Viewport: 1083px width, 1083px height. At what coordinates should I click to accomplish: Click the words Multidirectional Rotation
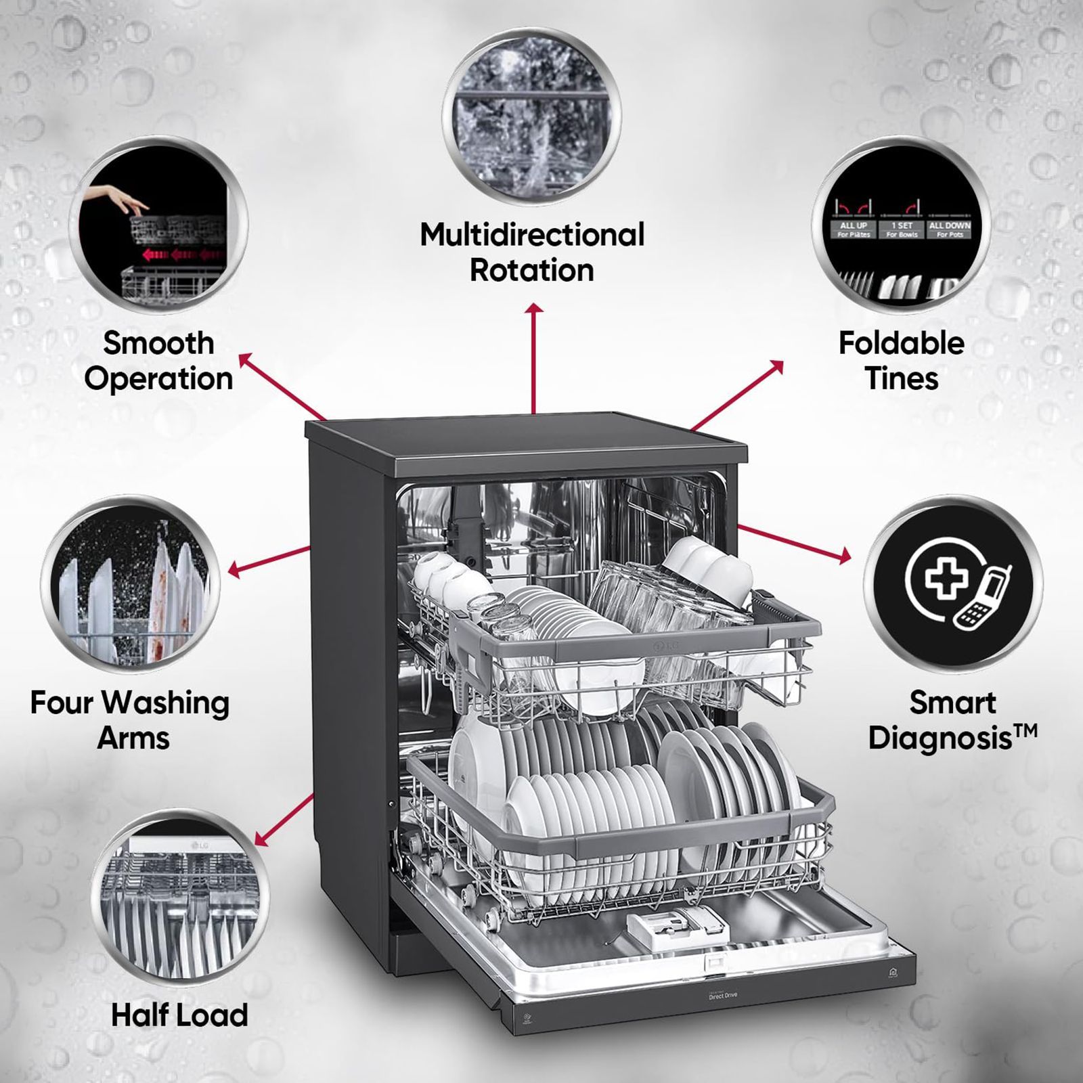532,252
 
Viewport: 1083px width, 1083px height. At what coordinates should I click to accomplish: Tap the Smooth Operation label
159,361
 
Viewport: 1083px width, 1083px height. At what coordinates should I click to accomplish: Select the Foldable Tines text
902,361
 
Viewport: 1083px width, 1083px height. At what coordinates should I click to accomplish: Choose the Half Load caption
179,1015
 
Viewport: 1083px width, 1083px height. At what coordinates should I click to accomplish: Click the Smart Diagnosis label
952,720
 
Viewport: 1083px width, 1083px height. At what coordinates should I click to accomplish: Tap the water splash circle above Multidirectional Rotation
532,116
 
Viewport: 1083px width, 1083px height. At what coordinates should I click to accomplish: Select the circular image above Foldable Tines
901,227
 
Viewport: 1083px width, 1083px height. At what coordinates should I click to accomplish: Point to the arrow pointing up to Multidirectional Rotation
535,359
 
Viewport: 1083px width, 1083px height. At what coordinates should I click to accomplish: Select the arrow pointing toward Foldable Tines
738,396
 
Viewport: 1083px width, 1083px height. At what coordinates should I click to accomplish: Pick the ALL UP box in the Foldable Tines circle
854,229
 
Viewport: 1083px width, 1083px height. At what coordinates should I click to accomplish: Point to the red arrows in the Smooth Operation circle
179,255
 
